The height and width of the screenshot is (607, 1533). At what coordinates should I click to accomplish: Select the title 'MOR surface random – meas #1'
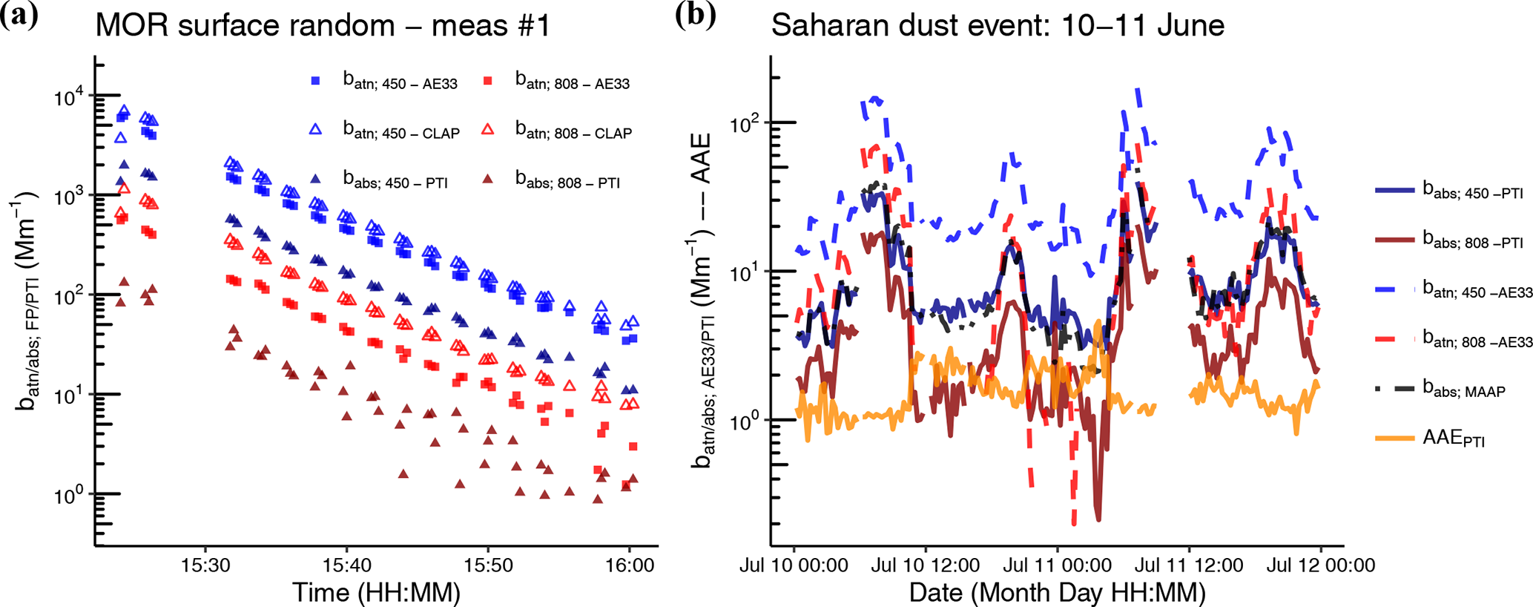pos(323,26)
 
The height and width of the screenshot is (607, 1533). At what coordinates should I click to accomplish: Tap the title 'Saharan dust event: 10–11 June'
pos(998,26)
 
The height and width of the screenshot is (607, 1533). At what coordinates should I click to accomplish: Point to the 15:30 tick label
pos(205,565)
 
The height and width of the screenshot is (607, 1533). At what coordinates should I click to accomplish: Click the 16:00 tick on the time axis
pos(629,565)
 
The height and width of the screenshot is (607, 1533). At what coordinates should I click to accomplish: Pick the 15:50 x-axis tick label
pos(487,565)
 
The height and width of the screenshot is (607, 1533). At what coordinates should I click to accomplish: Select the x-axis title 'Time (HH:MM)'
pos(376,592)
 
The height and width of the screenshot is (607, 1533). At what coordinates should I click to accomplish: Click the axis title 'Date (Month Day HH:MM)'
pos(1057,592)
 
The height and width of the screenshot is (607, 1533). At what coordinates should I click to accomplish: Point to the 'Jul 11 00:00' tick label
pos(1057,565)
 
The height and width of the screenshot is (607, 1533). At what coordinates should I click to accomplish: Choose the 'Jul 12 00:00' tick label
pos(1320,565)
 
